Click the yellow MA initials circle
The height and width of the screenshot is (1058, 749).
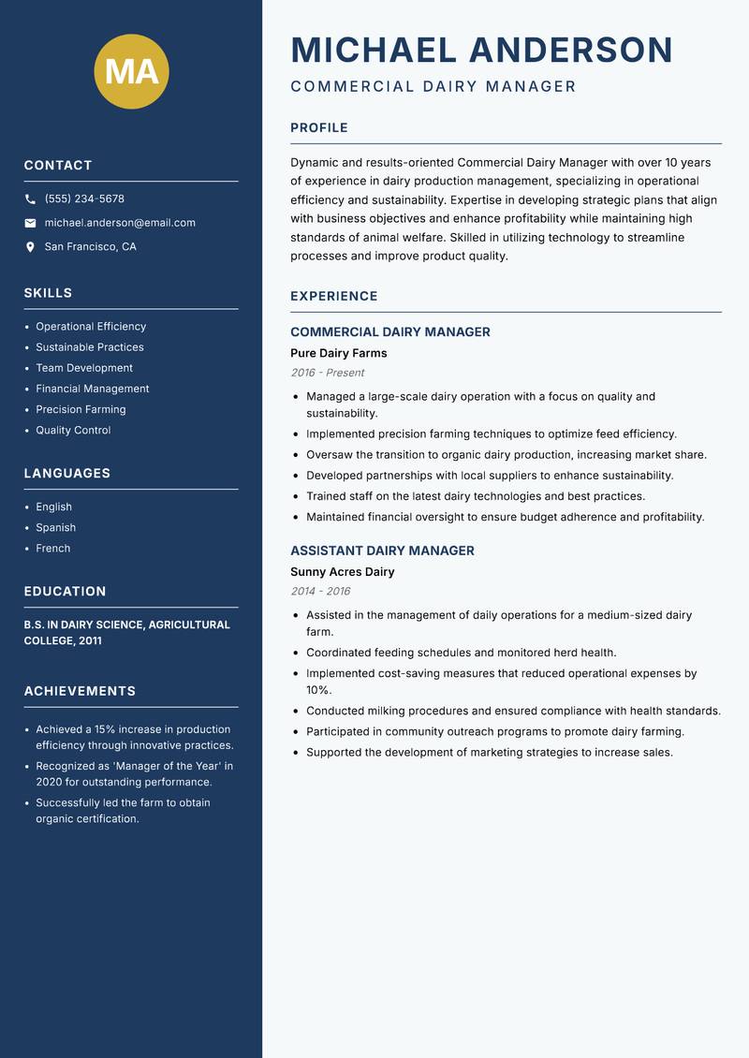tap(132, 71)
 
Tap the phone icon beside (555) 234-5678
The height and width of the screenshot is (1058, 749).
tap(30, 199)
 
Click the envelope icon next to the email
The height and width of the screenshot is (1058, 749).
tap(30, 223)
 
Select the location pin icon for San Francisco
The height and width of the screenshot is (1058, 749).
tap(30, 247)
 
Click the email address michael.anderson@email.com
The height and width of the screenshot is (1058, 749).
tap(120, 223)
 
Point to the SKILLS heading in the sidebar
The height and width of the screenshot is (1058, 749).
tap(48, 293)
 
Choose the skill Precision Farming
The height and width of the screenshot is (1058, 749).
tap(81, 409)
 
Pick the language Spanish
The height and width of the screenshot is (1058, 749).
tap(55, 527)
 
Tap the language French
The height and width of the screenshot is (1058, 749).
tap(52, 548)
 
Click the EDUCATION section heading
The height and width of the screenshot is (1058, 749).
tap(65, 592)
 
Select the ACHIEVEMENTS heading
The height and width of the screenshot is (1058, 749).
tap(80, 691)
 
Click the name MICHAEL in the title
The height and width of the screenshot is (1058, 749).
tap(374, 50)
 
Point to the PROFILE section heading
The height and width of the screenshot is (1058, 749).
tap(318, 128)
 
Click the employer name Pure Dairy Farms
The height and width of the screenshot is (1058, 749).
tap(338, 353)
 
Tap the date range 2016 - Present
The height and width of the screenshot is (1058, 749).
tap(327, 373)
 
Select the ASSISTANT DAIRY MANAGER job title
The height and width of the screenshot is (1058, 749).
tap(382, 551)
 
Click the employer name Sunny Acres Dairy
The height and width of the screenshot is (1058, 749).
tap(342, 571)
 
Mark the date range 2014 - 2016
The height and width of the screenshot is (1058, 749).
tap(320, 592)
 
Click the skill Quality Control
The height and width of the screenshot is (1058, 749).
tap(73, 430)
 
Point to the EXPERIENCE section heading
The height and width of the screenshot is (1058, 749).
tap(333, 296)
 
